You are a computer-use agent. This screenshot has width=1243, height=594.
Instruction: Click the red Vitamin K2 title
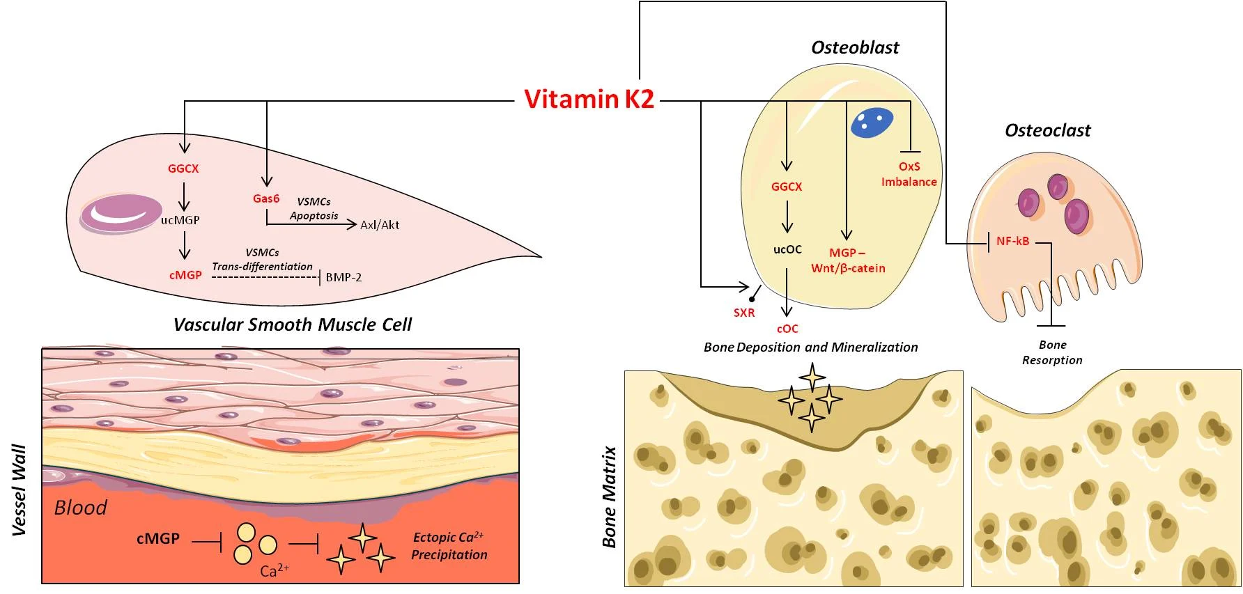click(x=589, y=100)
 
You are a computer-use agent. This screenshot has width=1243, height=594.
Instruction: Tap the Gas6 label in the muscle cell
click(x=266, y=198)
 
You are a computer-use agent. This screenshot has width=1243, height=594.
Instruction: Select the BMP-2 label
click(x=343, y=277)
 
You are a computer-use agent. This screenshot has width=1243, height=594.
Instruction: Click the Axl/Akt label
click(x=380, y=225)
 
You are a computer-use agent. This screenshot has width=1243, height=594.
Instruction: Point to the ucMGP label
click(x=180, y=220)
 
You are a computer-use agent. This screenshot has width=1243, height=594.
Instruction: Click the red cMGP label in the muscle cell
click(x=185, y=275)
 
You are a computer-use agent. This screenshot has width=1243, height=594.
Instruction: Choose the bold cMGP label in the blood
click(x=158, y=538)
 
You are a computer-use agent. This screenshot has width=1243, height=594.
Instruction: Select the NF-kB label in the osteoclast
click(x=1012, y=242)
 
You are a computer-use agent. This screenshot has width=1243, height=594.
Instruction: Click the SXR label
click(x=744, y=313)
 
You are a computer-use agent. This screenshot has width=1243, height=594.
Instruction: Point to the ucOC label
click(x=787, y=249)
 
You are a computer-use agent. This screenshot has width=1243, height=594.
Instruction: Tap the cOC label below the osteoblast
click(x=787, y=329)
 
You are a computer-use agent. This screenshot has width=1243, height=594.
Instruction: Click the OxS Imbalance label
click(x=909, y=174)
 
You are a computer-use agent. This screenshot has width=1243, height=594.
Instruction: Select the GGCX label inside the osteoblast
click(x=787, y=187)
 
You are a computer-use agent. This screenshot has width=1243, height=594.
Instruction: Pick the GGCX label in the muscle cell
click(x=183, y=169)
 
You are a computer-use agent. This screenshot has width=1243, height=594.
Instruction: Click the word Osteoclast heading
click(x=1047, y=130)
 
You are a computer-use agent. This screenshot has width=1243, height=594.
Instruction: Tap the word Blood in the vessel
click(x=81, y=508)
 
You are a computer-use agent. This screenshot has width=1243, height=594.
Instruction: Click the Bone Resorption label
click(x=1052, y=352)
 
